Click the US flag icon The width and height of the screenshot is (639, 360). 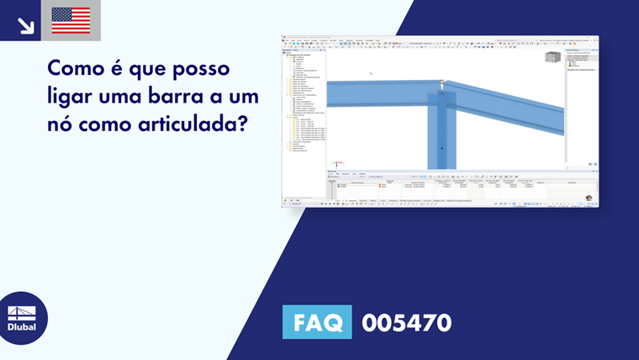click(x=71, y=20)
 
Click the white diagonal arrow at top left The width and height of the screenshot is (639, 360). click(x=26, y=25)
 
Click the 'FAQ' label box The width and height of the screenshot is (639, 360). click(x=317, y=322)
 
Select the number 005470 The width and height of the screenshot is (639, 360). click(x=406, y=322)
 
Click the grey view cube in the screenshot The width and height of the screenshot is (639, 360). click(x=552, y=57)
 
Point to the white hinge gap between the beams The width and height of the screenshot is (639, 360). click(x=441, y=84)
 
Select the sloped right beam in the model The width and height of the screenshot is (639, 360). click(x=513, y=109)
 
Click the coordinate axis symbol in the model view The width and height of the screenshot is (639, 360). click(x=337, y=162)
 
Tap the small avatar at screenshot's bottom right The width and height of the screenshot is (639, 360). click(x=589, y=199)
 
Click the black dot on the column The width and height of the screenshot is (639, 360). click(x=441, y=149)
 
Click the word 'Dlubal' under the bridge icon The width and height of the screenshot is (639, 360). click(x=22, y=327)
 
